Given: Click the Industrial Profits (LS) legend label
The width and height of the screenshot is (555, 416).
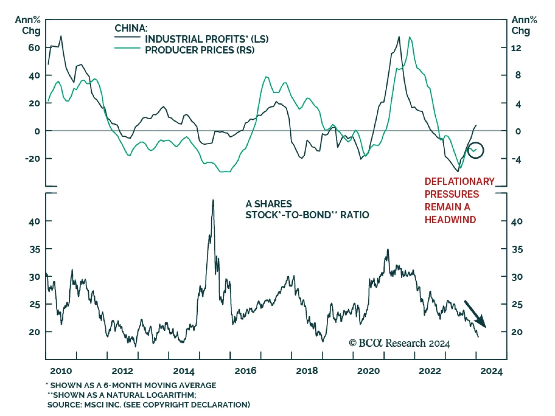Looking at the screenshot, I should click(x=206, y=39).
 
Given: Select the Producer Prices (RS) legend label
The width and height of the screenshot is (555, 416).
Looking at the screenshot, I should click(x=199, y=50).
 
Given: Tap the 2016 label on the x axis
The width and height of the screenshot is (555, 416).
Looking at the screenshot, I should click(x=245, y=371).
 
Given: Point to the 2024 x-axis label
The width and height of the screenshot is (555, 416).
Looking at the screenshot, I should click(x=491, y=371).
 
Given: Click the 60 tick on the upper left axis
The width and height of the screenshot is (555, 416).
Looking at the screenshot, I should click(x=34, y=47).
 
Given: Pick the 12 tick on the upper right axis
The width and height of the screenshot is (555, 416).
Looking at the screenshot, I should click(x=516, y=48).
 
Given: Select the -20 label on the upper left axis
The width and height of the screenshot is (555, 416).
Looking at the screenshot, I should click(x=33, y=159).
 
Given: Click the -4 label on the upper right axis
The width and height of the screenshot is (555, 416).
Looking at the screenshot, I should click(x=516, y=160).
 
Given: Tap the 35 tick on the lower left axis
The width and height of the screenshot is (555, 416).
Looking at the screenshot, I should click(x=35, y=249).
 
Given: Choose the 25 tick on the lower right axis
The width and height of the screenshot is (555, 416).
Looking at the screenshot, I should click(x=517, y=304).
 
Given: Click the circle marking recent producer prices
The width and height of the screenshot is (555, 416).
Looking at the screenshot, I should click(x=475, y=150).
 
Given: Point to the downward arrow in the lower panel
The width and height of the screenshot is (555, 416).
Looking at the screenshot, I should click(x=475, y=314).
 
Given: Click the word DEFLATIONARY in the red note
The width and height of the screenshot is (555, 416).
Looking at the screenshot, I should click(x=459, y=181).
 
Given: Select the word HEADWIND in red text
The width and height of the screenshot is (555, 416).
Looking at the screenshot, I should click(x=450, y=219).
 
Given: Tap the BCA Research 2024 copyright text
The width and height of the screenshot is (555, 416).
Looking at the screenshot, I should click(x=399, y=343).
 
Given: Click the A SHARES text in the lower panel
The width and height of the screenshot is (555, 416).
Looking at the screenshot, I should click(x=269, y=204).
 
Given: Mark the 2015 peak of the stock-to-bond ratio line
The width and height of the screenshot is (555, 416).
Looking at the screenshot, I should click(x=213, y=200).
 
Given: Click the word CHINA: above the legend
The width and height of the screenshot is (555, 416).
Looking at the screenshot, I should click(x=131, y=28).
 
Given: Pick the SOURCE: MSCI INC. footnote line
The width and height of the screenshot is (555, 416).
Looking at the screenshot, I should click(x=148, y=405).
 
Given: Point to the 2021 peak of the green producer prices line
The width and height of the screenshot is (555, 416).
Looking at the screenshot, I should click(x=410, y=37).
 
